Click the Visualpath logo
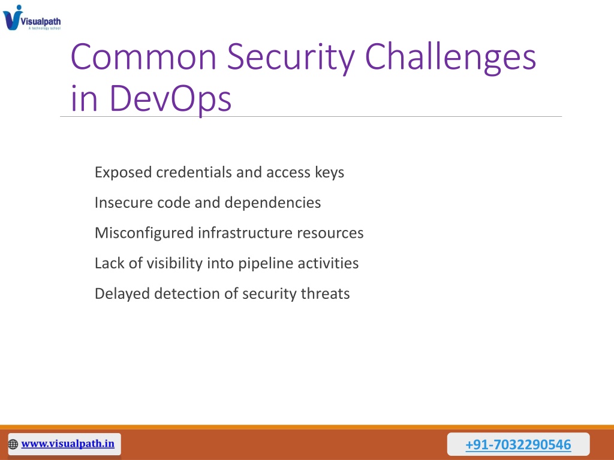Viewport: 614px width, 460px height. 32,17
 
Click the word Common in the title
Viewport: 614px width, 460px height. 144,57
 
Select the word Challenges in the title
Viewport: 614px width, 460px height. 450,59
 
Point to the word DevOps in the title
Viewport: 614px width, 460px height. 170,99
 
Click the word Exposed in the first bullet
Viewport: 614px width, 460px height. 123,172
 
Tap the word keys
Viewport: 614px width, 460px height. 330,172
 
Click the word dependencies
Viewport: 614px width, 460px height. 273,203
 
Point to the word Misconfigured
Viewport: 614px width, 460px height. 144,233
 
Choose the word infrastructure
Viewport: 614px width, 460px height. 245,233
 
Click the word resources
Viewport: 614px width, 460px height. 330,233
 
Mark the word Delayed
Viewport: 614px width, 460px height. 122,293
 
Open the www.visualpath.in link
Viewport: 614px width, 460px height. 68,444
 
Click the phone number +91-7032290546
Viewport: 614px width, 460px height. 518,445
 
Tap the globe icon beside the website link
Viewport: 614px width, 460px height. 13,444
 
